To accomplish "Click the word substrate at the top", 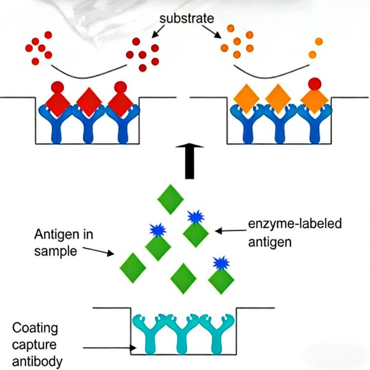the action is [x=186, y=18].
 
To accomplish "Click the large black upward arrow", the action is [x=189, y=162].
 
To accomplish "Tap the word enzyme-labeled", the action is [x=295, y=224].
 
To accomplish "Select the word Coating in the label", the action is [x=35, y=328].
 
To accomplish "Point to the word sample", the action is [x=55, y=251].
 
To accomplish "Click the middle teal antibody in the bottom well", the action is [x=182, y=333].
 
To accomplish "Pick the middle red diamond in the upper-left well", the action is [x=89, y=102].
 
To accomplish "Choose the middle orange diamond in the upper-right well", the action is [x=278, y=99].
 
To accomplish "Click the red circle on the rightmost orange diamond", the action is [x=315, y=84].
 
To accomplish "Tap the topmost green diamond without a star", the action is [x=171, y=199].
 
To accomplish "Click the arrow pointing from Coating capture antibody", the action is [x=110, y=348].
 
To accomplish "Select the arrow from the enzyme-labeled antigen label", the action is [x=231, y=231].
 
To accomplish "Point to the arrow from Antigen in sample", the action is [x=99, y=251].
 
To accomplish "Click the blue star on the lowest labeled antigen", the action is [x=221, y=263].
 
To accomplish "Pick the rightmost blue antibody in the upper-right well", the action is [x=315, y=124].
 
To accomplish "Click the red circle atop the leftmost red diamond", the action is [x=58, y=87].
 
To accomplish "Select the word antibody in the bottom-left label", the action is [x=37, y=361].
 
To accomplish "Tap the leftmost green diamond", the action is [x=133, y=268].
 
